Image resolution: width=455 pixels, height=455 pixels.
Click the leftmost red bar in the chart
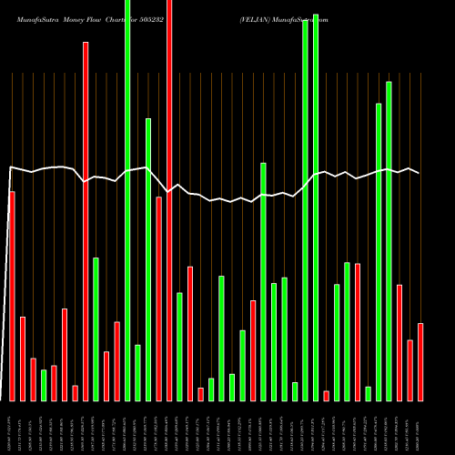pos(12,296)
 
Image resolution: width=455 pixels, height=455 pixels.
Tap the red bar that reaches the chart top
pos(169,200)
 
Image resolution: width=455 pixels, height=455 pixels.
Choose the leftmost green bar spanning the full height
pos(127,200)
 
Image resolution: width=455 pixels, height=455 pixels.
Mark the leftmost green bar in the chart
pos(44,385)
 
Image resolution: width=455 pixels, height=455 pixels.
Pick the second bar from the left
pos(23,359)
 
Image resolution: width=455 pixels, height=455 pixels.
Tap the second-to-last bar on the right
pos(410,369)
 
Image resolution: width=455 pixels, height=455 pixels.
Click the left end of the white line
pos(9,167)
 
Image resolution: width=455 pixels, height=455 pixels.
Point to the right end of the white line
pos(420,173)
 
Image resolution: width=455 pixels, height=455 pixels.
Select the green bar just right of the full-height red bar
pos(180,346)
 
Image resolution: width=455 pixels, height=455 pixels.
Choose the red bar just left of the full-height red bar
pos(159,298)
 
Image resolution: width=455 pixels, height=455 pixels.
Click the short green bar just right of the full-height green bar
pos(138,372)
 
